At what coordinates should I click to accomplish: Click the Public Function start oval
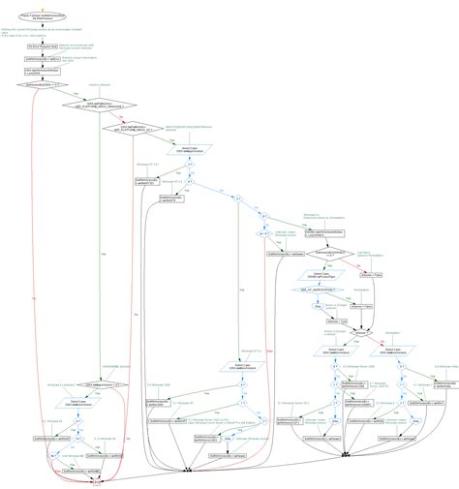(43, 15)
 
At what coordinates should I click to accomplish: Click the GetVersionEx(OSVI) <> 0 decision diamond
(43, 85)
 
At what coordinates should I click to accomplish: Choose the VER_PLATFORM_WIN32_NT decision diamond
(134, 127)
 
